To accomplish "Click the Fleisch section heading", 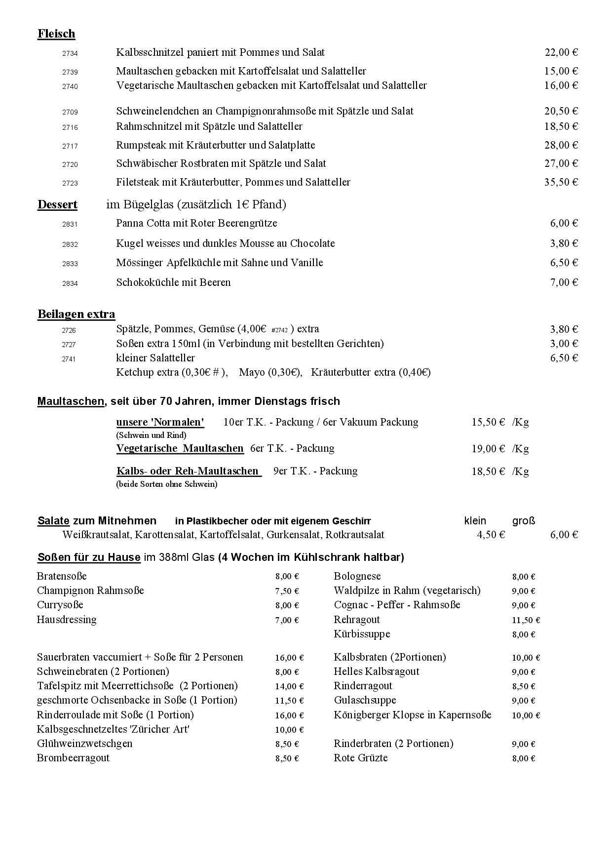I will click(x=56, y=34).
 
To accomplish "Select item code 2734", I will click(x=70, y=53).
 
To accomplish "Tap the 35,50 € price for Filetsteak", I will click(x=561, y=182).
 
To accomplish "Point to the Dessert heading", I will click(x=57, y=204).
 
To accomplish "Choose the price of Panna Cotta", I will click(x=564, y=223).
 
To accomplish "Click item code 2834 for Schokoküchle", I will click(x=70, y=283).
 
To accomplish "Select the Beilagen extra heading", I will click(x=76, y=314).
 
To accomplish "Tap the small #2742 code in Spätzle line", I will click(x=279, y=330).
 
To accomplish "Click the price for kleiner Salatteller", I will click(x=564, y=358).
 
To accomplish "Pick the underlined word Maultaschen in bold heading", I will click(x=71, y=401).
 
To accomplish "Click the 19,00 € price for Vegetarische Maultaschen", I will click(x=488, y=449).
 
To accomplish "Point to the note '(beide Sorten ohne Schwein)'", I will click(x=166, y=484).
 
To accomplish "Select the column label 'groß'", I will click(x=523, y=520).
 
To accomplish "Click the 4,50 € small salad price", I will click(x=491, y=535).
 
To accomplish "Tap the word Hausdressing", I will click(x=67, y=620).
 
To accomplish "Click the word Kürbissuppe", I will click(x=362, y=634).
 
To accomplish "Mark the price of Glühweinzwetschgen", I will click(x=287, y=744).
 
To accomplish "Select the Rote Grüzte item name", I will click(x=360, y=758).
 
